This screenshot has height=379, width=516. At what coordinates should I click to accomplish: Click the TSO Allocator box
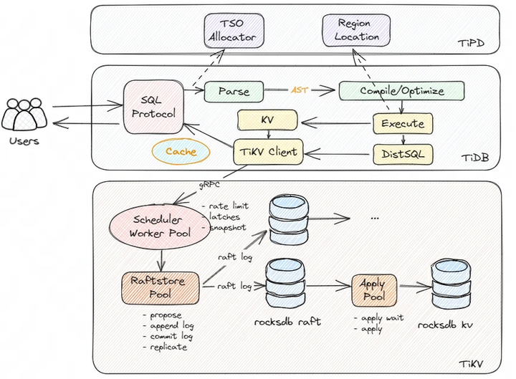[x=231, y=30]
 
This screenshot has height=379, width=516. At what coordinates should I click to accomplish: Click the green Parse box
[x=234, y=92]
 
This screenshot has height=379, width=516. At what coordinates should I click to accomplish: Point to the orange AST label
[x=299, y=91]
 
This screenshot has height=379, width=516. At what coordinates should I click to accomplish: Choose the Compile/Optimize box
[x=401, y=92]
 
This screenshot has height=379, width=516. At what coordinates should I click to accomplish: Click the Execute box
[x=402, y=123]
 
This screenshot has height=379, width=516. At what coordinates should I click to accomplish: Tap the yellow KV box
[x=267, y=120]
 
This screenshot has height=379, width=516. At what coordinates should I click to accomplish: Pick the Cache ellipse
[x=181, y=151]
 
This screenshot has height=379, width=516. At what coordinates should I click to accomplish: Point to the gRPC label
[x=211, y=184]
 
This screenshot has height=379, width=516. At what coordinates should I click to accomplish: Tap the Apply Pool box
[x=372, y=290]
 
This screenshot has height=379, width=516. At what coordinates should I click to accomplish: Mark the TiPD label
[x=471, y=44]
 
